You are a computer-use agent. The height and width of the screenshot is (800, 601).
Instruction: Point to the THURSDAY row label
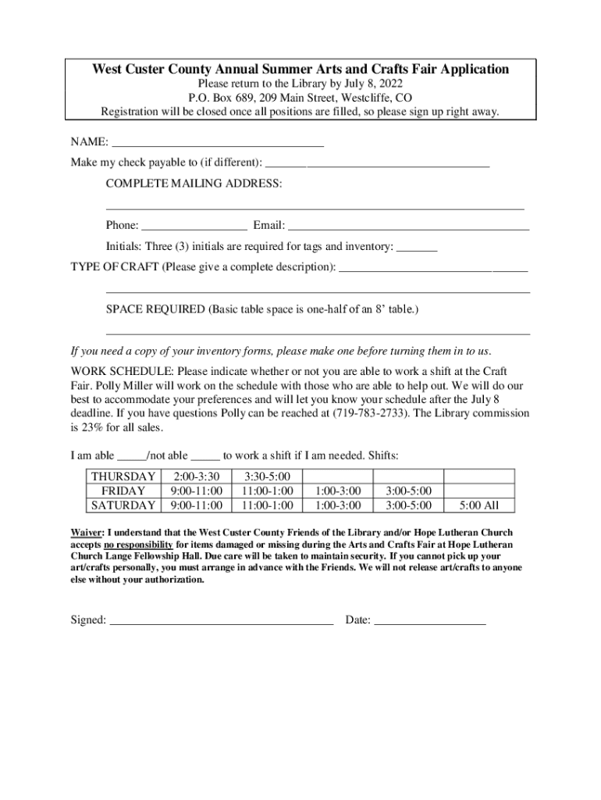pos(123,477)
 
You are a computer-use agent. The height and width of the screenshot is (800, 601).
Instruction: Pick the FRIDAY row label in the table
pos(123,491)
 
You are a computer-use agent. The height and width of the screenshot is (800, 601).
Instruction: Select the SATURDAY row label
pos(123,505)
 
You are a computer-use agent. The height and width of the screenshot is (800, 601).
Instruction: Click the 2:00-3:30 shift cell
pos(196,477)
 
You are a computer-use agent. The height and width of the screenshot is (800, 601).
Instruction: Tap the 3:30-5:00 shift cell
pos(267,477)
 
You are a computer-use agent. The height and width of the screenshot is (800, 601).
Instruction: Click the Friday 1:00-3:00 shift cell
pos(337,491)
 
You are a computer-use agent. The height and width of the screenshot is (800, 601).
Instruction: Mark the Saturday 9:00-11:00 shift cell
pos(196,505)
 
